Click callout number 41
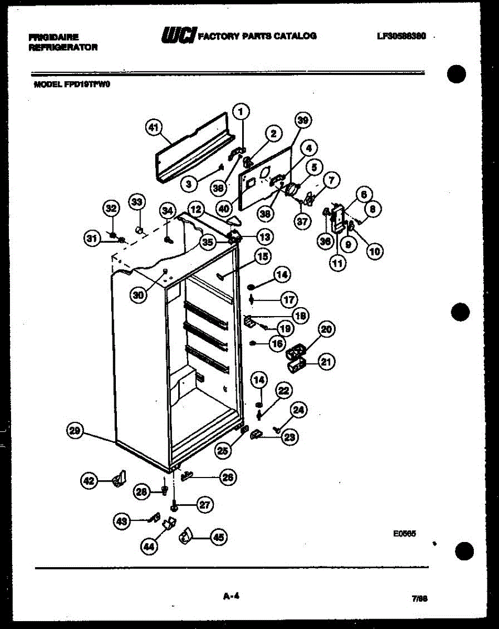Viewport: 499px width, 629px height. [153, 127]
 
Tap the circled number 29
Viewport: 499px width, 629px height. [75, 431]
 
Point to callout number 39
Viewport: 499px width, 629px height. [302, 121]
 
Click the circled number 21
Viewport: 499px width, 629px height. [327, 362]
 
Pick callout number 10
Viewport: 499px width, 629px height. [374, 252]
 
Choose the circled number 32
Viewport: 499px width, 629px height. [111, 209]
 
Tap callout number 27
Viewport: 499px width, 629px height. [205, 505]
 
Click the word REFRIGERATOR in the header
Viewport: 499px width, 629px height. [63, 47]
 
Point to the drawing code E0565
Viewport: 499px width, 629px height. [404, 534]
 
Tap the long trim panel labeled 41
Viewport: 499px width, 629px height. [194, 149]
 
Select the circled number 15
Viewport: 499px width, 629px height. [262, 256]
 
